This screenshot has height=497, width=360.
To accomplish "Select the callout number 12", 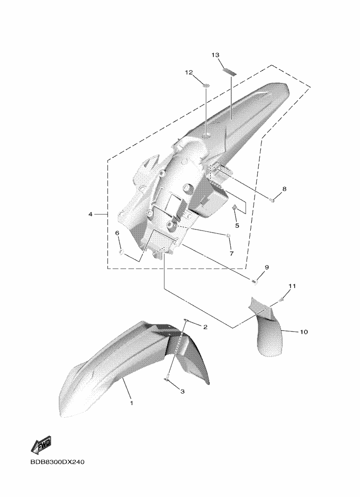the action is coord(189,73).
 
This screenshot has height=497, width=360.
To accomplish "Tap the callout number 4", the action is coord(91,215).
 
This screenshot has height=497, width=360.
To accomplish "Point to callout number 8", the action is coord(284,189).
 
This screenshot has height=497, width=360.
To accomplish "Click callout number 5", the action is coord(237,226).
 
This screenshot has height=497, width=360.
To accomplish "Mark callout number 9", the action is coord(267,267).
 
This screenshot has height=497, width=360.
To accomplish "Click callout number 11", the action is coord(292,286).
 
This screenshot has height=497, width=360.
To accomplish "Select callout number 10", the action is coord(304,332).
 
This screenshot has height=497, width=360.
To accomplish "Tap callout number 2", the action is coord(205,327).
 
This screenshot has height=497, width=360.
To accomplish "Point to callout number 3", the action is coord(183,392).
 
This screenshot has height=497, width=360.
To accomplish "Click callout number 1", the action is coord(132,403).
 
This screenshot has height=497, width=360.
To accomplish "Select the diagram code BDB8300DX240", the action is coord(57,462).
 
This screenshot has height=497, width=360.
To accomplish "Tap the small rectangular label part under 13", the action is coord(230,72).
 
